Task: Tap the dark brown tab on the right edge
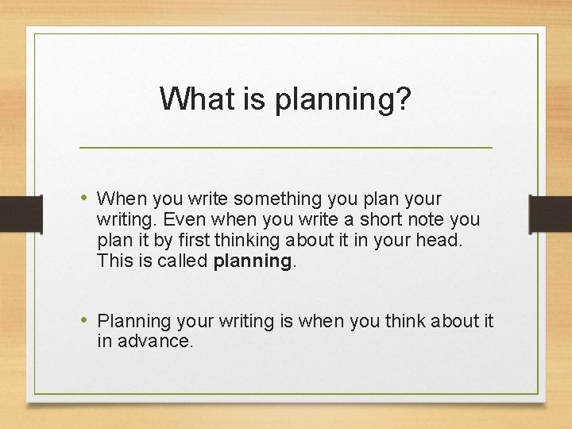click(551, 215)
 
